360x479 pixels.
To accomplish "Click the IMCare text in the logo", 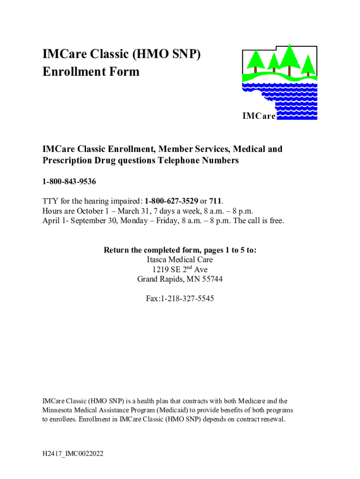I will tap(259, 116).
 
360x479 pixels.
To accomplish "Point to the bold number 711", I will tap(215, 201).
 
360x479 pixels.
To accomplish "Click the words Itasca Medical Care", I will tap(180, 260).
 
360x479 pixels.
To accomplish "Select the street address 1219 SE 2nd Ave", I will tap(180, 270).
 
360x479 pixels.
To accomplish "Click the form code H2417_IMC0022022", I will tap(72, 453).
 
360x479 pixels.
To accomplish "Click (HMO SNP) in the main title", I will tap(168, 54).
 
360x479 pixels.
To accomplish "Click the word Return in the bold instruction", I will tap(117, 250).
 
